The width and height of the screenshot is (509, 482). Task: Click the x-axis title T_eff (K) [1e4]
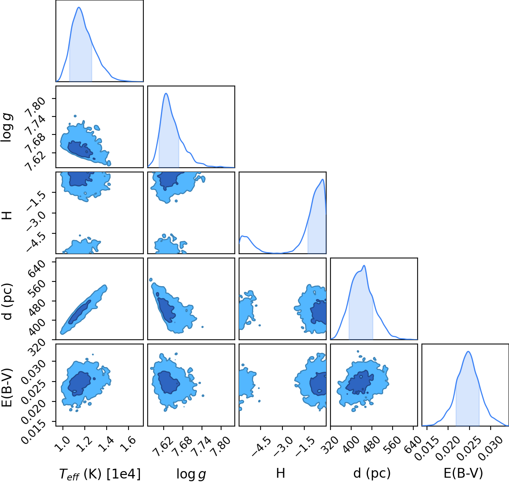100,474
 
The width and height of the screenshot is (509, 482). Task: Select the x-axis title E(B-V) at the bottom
463,473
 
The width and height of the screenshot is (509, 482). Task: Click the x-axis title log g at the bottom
191,474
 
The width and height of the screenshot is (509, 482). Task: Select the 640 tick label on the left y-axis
36,269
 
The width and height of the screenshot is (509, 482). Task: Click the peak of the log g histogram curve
166,93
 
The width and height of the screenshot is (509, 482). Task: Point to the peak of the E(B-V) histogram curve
468,351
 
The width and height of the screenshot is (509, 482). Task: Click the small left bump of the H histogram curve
243,237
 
